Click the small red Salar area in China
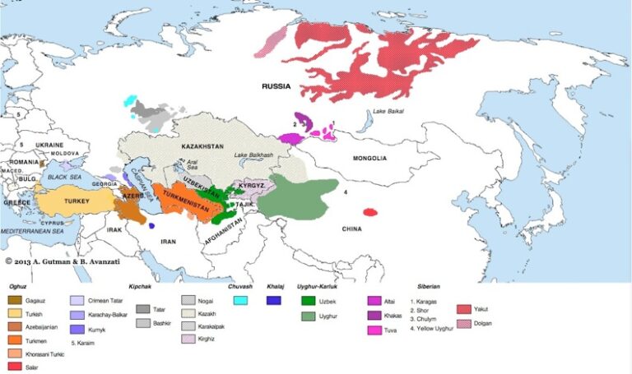tap(370, 212)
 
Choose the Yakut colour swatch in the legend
tap(462, 309)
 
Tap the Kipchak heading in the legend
tap(141, 286)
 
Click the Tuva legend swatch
tap(374, 330)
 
